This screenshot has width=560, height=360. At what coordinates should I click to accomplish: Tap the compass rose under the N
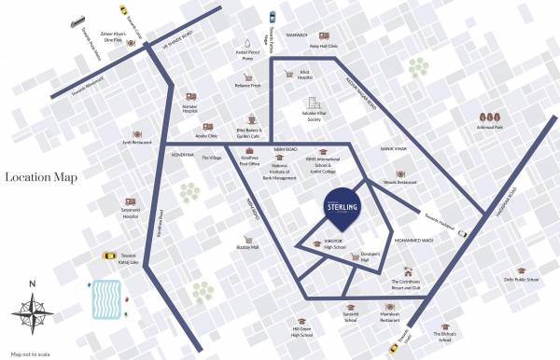click(x=33, y=312)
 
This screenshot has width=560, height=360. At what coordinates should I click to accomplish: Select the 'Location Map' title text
click(x=40, y=177)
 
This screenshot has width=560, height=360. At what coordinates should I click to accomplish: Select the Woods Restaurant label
click(x=400, y=183)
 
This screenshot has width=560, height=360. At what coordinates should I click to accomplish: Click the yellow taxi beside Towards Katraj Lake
click(x=108, y=256)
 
